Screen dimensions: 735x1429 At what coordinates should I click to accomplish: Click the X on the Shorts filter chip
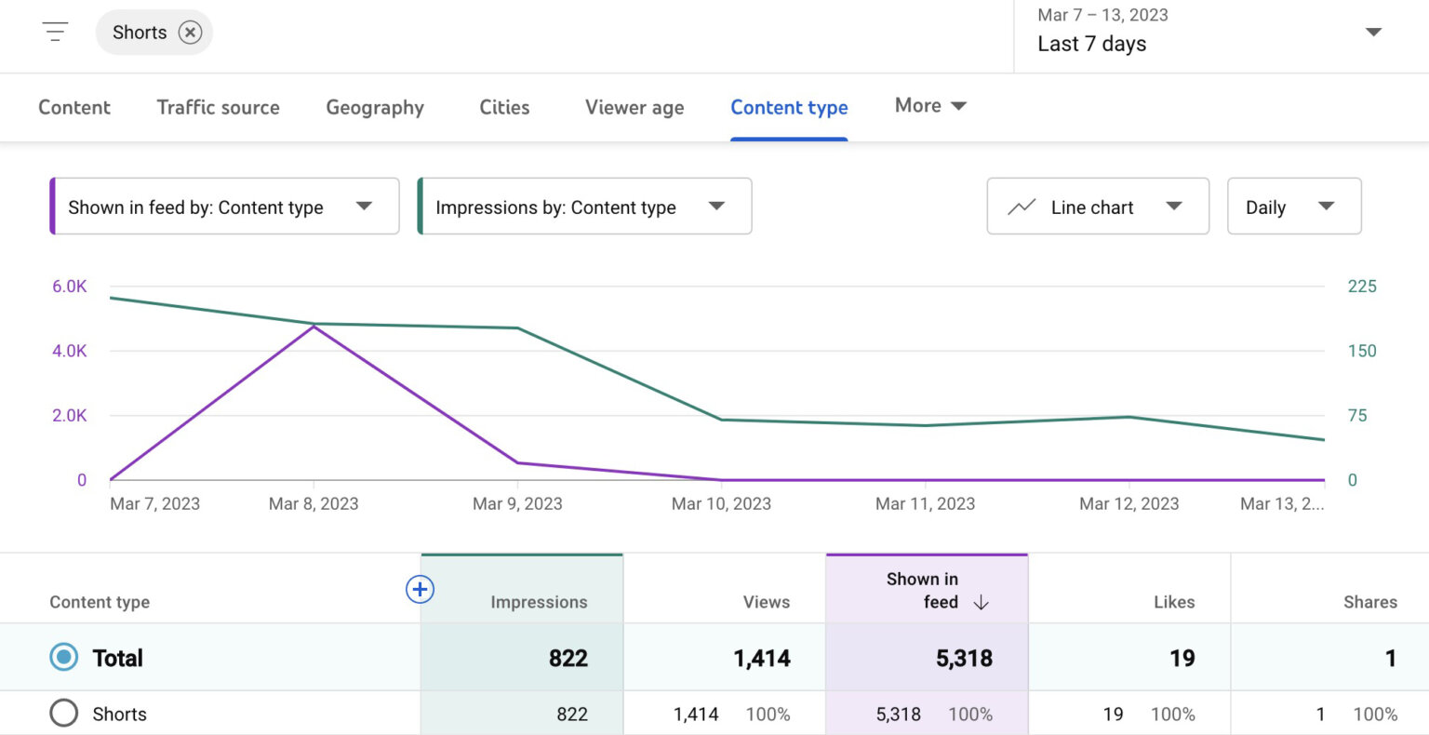coord(190,33)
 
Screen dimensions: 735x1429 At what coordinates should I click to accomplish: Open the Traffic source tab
coord(218,107)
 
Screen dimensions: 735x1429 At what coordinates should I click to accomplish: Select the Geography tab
coord(374,107)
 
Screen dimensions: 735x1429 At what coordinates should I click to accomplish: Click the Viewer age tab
coord(634,107)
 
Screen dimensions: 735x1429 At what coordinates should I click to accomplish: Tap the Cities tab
coord(504,107)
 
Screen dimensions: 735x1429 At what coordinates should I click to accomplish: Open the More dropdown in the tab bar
coord(929,106)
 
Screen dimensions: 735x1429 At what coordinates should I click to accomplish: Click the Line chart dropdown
coord(1097,207)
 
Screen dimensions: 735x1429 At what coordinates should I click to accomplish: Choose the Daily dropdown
coord(1293,207)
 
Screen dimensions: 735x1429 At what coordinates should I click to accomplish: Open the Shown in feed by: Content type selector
coord(224,207)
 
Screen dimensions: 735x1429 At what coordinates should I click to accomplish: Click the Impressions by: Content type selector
coord(584,207)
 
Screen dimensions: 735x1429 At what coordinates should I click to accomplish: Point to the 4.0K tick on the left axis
coord(70,351)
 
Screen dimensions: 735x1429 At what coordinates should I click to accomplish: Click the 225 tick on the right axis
coord(1361,287)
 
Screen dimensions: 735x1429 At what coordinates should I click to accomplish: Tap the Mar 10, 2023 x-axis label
coord(721,504)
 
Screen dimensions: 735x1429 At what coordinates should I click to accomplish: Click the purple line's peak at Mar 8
coord(314,326)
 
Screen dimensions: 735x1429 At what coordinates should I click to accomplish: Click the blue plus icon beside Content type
coord(420,589)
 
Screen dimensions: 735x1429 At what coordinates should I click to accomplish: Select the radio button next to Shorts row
coord(64,714)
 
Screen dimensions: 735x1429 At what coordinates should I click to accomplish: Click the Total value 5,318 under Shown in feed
coord(964,659)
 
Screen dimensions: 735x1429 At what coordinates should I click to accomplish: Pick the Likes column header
coord(1173,602)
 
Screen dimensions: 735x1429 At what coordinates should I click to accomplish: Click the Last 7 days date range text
coord(1091,44)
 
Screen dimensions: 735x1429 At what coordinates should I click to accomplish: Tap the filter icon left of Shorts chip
coord(55,33)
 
